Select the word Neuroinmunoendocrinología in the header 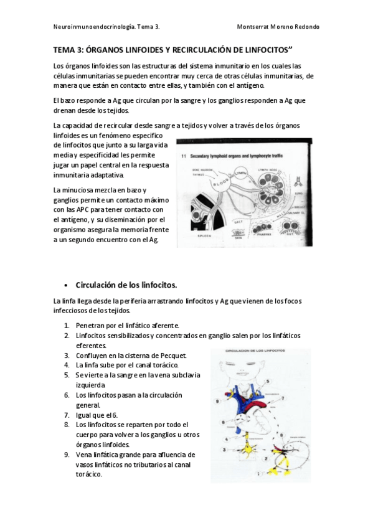pyautogui.click(x=86, y=27)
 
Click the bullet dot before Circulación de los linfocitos pyautogui.click(x=67, y=286)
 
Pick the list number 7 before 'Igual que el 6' pyautogui.click(x=67, y=415)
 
